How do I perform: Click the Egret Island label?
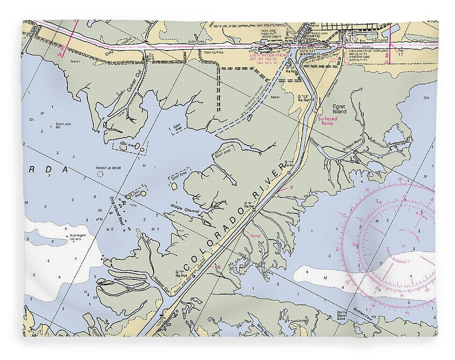tap(339, 109)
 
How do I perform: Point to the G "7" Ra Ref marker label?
tap(181, 274)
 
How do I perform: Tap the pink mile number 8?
tap(219, 267)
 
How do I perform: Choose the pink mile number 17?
tap(401, 55)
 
